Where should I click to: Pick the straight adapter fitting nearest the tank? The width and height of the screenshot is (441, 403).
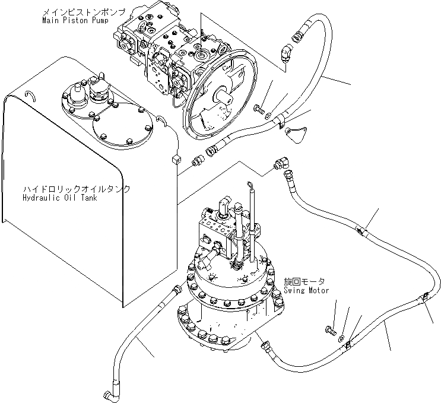click(199, 160)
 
